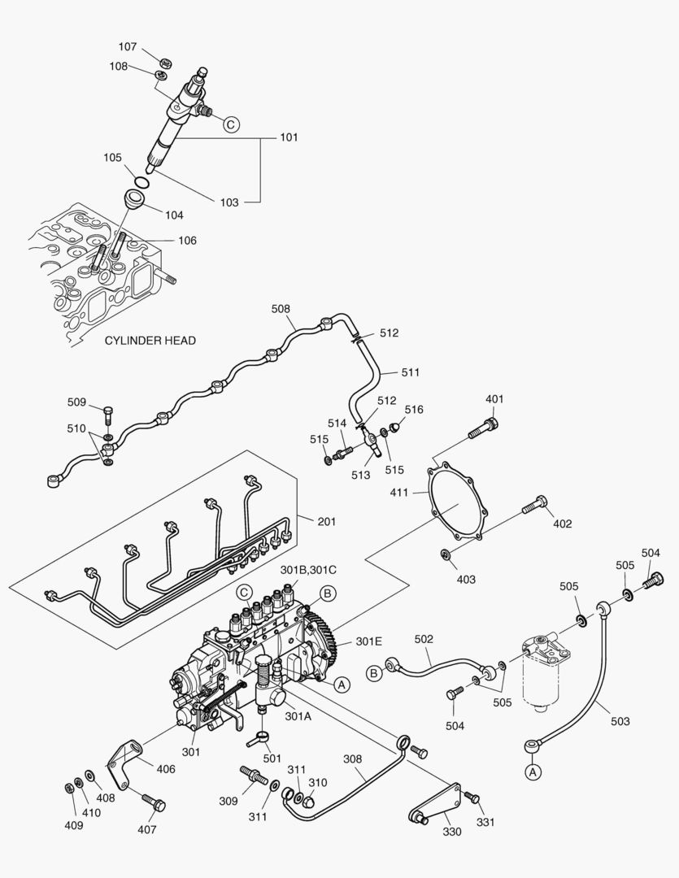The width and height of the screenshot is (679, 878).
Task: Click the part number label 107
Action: click(x=128, y=46)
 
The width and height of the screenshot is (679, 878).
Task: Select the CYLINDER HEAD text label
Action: click(x=150, y=341)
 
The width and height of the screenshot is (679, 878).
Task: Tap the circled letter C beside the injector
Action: click(x=231, y=124)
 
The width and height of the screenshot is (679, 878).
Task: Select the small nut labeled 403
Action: click(x=446, y=554)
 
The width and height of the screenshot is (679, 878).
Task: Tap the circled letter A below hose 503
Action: click(x=533, y=772)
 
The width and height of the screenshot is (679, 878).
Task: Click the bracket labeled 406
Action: click(x=123, y=761)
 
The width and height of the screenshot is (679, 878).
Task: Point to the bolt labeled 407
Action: click(x=152, y=802)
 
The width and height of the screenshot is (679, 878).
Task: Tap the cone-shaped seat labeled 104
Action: click(x=135, y=200)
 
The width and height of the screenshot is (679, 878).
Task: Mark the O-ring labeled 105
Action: click(x=141, y=178)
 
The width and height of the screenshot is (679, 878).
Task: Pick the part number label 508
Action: click(x=281, y=309)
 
